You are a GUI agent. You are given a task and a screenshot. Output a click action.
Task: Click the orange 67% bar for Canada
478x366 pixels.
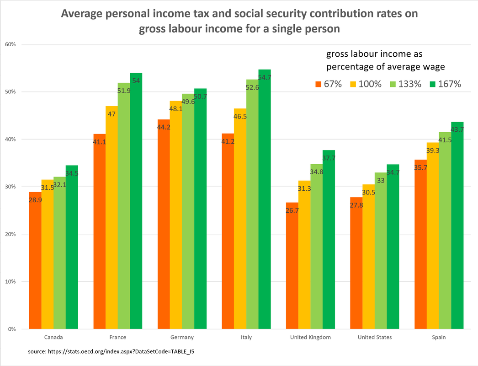pos(35,261)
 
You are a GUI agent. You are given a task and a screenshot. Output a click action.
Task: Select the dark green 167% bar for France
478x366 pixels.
pos(136,201)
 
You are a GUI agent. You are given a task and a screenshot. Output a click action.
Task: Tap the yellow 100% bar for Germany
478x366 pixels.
pos(176,215)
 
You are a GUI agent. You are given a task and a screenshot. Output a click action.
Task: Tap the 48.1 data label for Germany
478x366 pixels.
pos(176,109)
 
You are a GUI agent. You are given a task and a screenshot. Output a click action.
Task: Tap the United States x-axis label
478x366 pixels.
pos(374,338)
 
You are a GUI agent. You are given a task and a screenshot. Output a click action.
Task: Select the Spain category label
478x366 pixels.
pos(439,338)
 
